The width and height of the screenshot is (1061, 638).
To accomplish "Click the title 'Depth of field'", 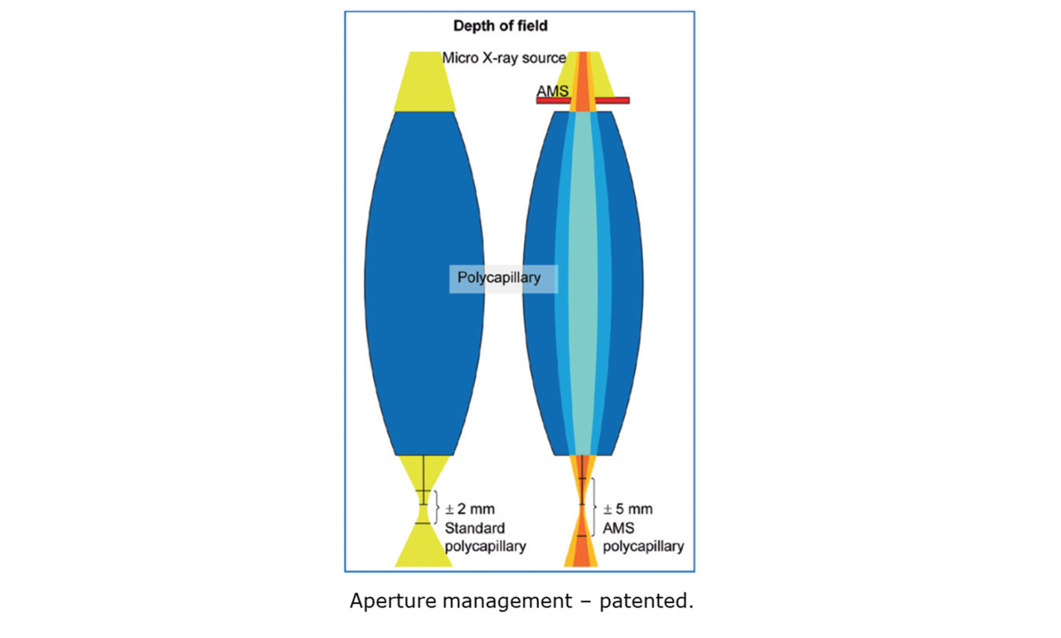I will (x=500, y=26).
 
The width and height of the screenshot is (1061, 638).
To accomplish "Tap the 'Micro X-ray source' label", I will (x=503, y=58).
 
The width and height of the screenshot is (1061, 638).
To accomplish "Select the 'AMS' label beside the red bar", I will (x=553, y=90).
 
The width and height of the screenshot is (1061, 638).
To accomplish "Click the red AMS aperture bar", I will (x=613, y=100).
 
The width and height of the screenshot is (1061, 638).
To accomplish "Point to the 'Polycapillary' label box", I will (x=499, y=278).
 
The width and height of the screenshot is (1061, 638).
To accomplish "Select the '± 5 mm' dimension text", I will (x=627, y=509).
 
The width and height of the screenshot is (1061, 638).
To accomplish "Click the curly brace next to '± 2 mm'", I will (x=437, y=507).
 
